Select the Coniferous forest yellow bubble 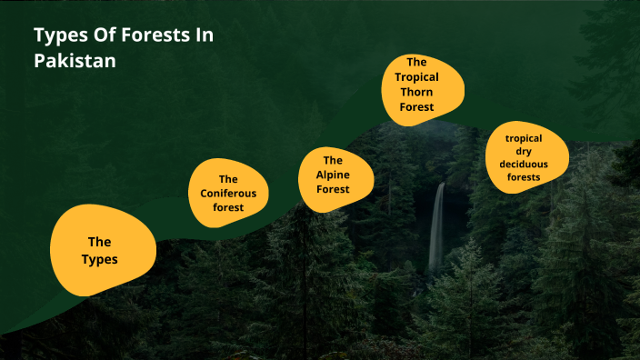(x=228, y=193)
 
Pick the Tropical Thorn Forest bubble (x=422, y=87)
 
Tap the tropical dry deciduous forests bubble (x=525, y=156)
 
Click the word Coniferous (x=229, y=193)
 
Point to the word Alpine (x=333, y=175)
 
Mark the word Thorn (x=416, y=92)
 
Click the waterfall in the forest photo (x=436, y=227)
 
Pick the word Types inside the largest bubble (x=99, y=259)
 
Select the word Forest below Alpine (x=333, y=189)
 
